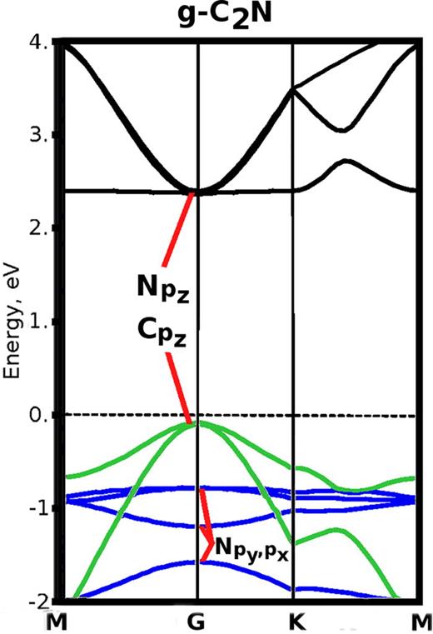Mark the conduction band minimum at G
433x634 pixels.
pos(197,192)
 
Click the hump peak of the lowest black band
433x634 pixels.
pos(345,161)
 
